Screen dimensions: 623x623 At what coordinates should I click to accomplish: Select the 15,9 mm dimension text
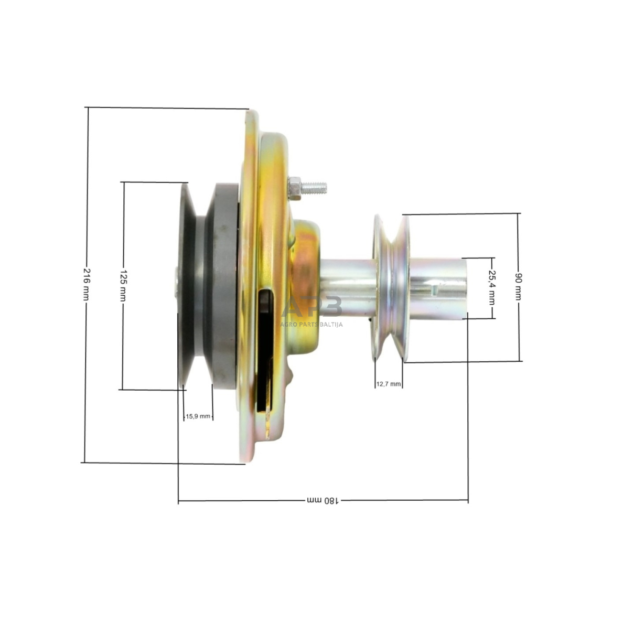[x=198, y=416]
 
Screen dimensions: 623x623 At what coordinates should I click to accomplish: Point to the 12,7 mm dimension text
[x=389, y=384]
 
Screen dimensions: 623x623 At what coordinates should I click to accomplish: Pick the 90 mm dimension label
[x=519, y=286]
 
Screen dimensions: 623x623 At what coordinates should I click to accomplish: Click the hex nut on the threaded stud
[x=295, y=188]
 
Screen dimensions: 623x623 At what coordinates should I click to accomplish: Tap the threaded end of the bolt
[x=315, y=187]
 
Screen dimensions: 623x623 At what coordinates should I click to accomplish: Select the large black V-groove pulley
[x=187, y=286]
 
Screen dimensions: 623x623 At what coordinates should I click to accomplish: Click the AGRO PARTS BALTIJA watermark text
[x=311, y=325]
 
